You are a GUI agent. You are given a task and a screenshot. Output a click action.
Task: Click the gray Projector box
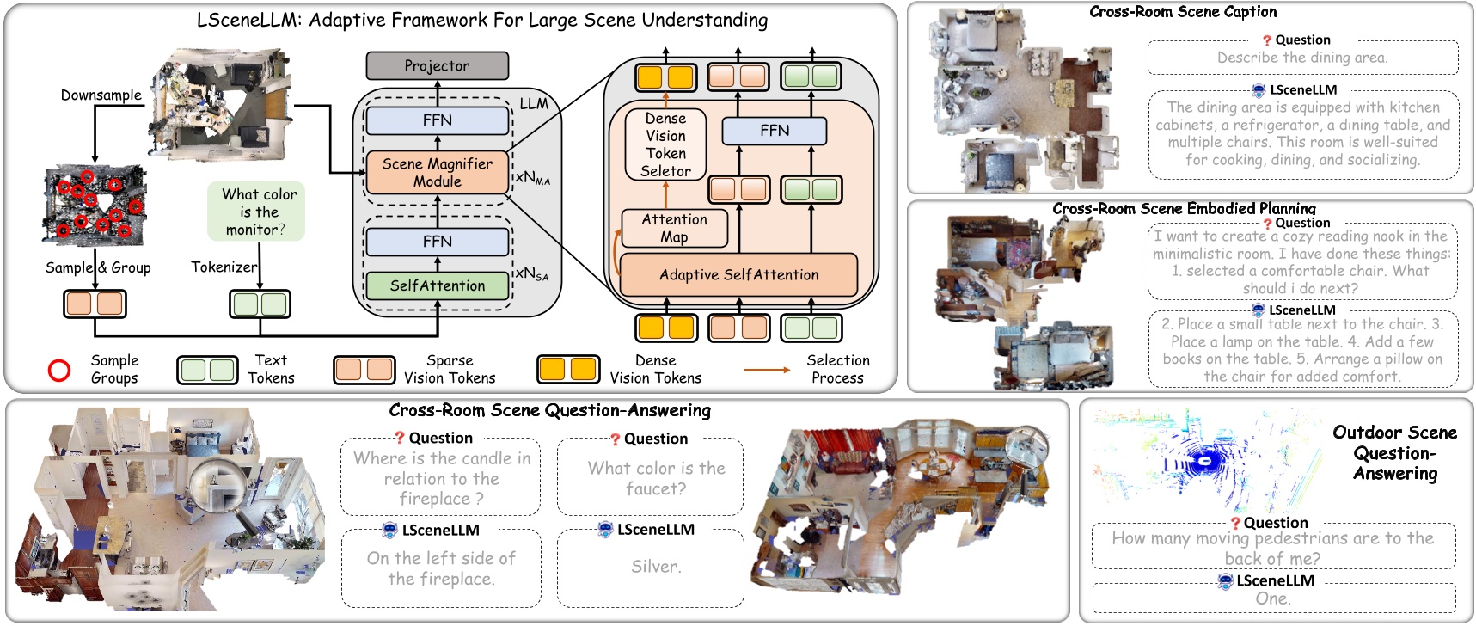(x=437, y=66)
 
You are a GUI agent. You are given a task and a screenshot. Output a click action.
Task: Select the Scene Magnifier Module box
(x=437, y=173)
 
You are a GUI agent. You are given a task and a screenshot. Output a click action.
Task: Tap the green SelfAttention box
(x=437, y=285)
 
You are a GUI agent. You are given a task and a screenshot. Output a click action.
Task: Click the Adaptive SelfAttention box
(x=738, y=275)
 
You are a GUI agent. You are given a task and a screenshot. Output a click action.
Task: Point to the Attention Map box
(x=674, y=229)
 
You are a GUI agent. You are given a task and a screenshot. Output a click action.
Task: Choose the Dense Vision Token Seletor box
(x=665, y=144)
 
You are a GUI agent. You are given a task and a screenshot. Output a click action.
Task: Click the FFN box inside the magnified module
(x=774, y=131)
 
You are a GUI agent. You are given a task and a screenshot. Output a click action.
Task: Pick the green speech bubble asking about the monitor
(x=257, y=212)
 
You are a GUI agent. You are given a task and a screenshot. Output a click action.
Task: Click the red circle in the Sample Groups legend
(x=58, y=371)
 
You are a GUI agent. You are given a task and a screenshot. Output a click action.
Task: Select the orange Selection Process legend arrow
(x=767, y=370)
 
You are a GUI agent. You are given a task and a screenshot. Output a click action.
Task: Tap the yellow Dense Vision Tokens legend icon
(x=567, y=370)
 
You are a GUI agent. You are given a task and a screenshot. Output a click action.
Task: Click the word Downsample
(x=101, y=95)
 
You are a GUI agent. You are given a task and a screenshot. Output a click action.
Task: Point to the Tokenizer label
(x=224, y=267)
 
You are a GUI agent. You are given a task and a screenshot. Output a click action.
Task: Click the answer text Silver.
(x=656, y=567)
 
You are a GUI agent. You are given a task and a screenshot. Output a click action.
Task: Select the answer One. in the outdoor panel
(x=1272, y=598)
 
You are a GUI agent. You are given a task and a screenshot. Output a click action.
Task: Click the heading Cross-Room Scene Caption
(x=1183, y=12)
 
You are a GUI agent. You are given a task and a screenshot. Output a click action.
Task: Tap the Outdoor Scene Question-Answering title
(x=1394, y=453)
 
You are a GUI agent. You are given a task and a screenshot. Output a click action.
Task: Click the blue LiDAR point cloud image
(x=1203, y=460)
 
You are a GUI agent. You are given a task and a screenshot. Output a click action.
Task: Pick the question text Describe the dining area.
(x=1301, y=58)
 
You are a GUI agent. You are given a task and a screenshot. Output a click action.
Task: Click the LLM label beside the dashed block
(x=533, y=104)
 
